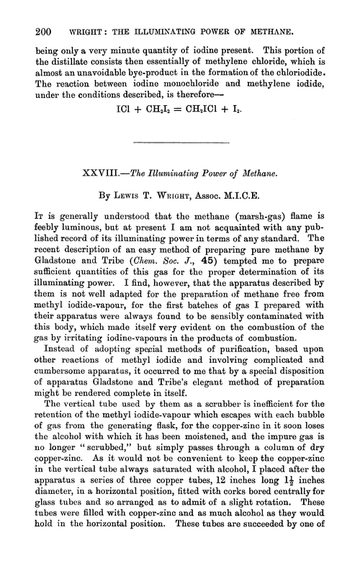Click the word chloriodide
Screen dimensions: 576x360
(308, 75)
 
